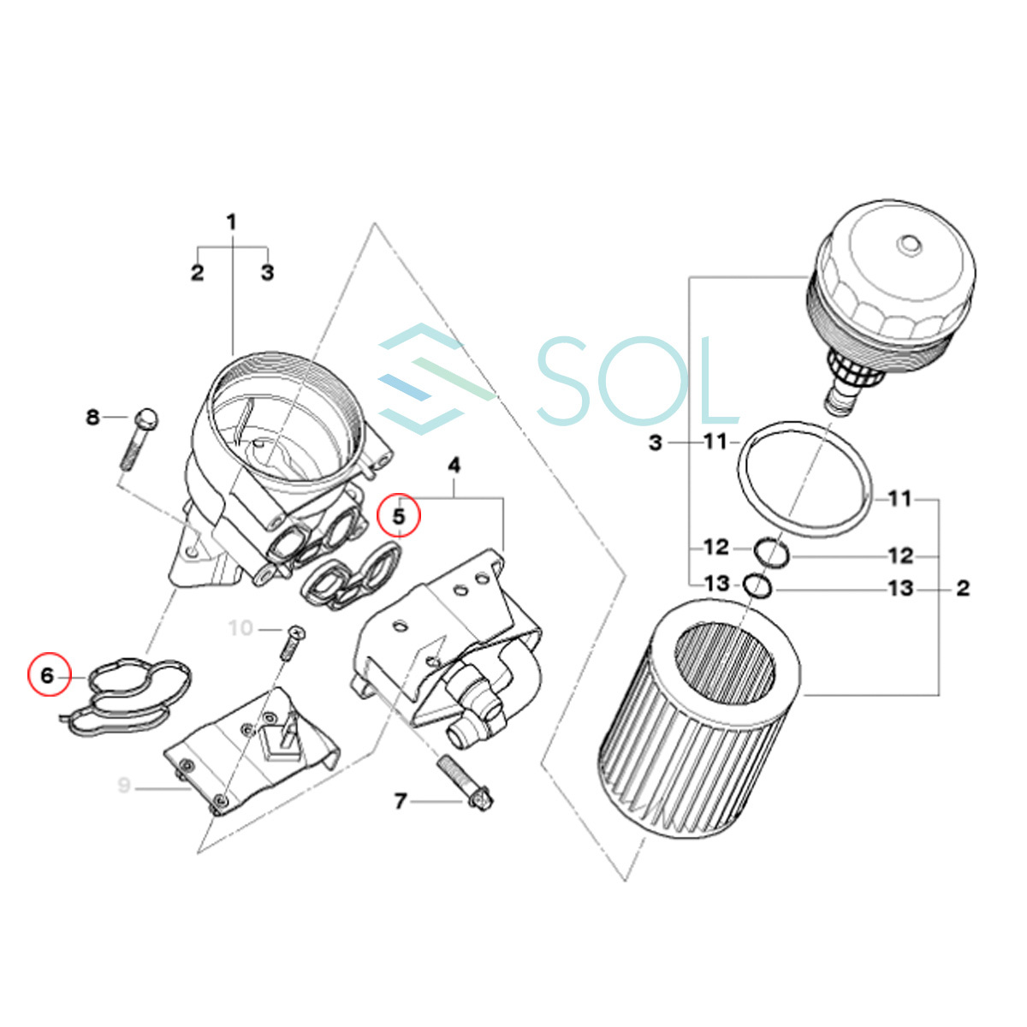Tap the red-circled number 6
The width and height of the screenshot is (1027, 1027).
(x=48, y=676)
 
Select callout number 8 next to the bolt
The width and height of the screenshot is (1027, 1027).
(x=92, y=417)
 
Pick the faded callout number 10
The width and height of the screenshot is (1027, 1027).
(x=240, y=628)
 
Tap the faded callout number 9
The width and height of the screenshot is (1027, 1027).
(x=123, y=785)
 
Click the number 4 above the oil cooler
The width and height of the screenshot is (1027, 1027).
(x=454, y=466)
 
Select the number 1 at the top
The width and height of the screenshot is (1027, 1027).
(x=231, y=223)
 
